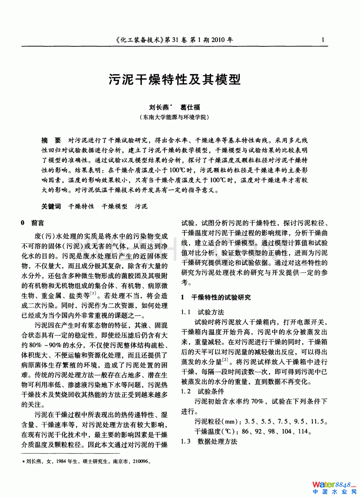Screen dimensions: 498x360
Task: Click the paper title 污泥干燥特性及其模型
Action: point(174,79)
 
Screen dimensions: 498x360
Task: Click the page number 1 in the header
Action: point(323,40)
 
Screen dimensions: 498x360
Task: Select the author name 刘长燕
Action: point(159,107)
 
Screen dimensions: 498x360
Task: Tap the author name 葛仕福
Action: point(190,107)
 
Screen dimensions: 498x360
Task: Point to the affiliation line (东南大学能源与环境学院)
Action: point(174,117)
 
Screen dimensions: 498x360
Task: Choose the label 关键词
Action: point(51,206)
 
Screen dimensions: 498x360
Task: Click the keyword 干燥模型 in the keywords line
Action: point(114,206)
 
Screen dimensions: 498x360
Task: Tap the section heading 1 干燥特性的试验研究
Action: point(216,297)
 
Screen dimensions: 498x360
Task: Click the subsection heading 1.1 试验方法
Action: point(203,312)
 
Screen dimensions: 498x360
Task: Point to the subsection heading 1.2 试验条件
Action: point(203,391)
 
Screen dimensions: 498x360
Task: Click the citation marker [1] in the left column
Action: point(93,294)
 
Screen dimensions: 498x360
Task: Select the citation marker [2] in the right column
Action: point(225,359)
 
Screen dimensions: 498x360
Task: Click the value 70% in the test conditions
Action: point(257,401)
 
